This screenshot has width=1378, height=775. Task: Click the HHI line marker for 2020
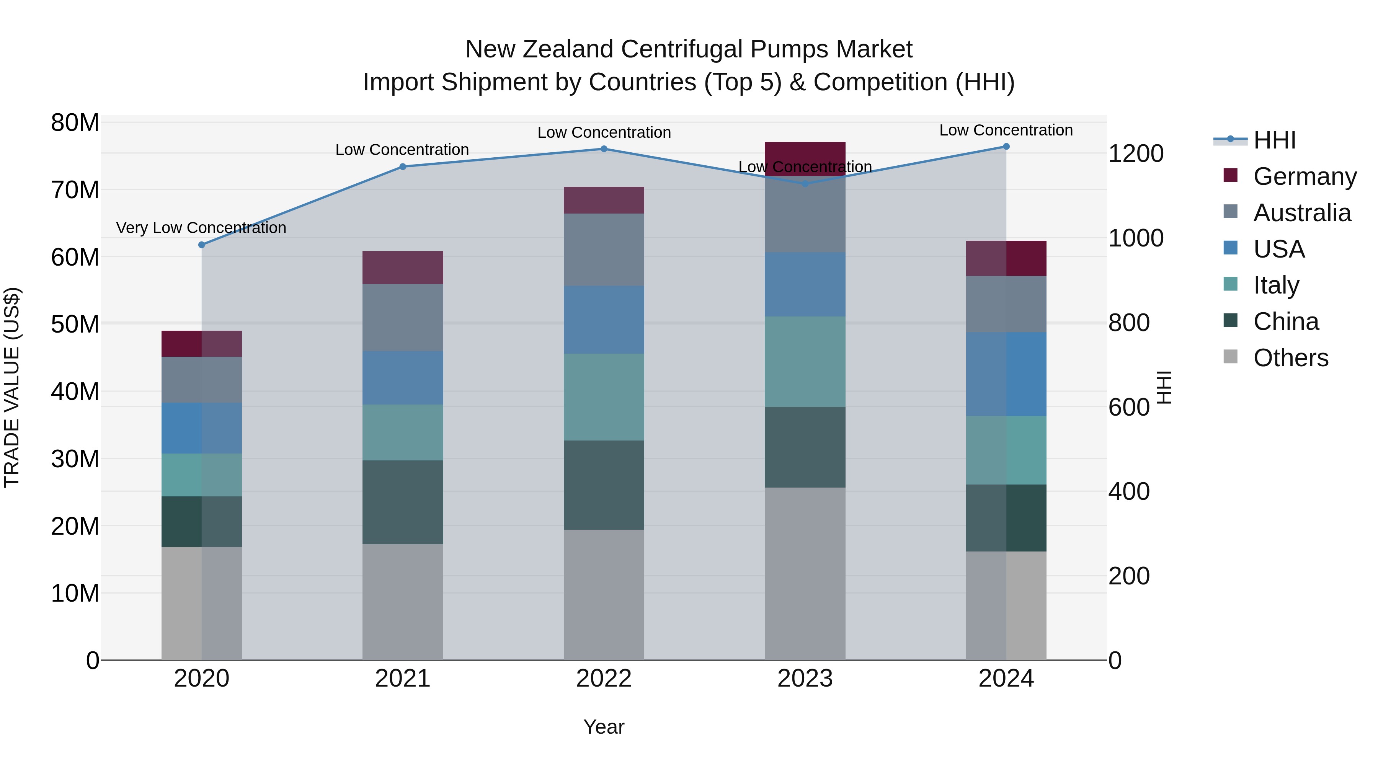(x=202, y=245)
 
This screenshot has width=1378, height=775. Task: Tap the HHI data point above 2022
(x=604, y=149)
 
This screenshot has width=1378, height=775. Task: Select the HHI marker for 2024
(x=1006, y=147)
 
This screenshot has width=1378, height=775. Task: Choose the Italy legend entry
(x=1276, y=285)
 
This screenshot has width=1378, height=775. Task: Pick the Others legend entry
(x=1290, y=358)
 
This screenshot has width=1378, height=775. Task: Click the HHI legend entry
(x=1274, y=140)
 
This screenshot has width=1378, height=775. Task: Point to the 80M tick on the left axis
(x=75, y=123)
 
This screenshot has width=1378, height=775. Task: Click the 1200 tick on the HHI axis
(x=1136, y=154)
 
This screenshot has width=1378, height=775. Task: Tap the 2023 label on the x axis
(x=805, y=679)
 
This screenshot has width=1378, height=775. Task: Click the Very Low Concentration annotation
(x=201, y=228)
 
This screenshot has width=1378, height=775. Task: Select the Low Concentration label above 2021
(x=402, y=150)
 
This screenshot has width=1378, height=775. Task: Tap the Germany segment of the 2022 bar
(x=604, y=201)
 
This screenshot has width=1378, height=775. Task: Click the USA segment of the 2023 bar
(x=805, y=284)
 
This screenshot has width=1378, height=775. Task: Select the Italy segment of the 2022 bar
(x=604, y=397)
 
